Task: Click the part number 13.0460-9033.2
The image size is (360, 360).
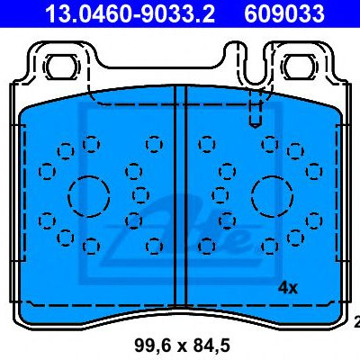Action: tap(130, 13)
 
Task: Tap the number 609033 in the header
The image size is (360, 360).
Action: tap(284, 13)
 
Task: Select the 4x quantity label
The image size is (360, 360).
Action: tap(288, 288)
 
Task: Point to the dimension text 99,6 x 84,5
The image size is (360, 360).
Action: tap(182, 345)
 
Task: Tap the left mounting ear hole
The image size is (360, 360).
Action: tap(62, 67)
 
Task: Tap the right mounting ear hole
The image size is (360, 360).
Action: tap(299, 67)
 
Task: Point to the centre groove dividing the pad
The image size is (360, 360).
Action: tap(181, 195)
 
